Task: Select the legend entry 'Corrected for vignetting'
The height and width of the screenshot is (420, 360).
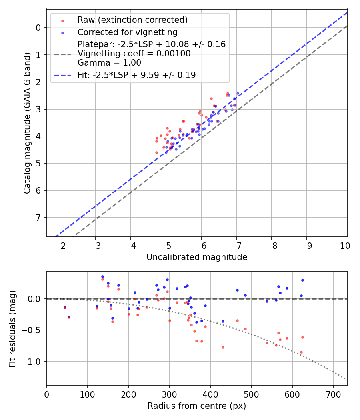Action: point(128,32)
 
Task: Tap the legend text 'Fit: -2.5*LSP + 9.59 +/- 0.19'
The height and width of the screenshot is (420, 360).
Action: point(137,75)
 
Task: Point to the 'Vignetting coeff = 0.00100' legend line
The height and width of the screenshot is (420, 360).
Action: point(134,53)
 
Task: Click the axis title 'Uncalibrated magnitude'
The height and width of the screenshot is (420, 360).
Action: point(197,257)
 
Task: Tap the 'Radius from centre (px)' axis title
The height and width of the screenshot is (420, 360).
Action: point(197,406)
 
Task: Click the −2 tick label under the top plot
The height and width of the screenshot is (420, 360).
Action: point(60,245)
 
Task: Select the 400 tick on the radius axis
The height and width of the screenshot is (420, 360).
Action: point(210,394)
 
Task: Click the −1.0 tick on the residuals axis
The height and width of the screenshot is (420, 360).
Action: point(33,362)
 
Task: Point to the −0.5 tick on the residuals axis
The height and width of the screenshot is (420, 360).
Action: point(33,330)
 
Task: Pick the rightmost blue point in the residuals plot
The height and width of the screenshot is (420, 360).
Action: point(302,280)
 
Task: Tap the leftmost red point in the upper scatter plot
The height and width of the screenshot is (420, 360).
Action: point(156,152)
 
